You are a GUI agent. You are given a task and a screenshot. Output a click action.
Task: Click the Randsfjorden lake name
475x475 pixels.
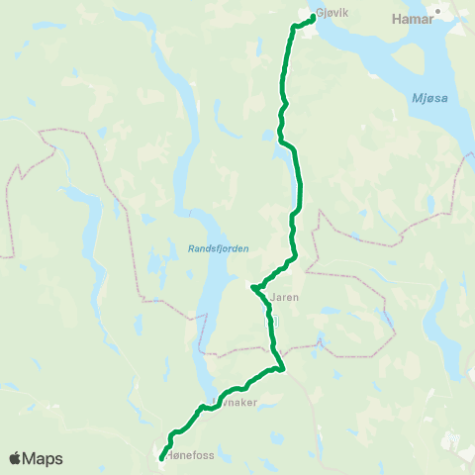(218, 249)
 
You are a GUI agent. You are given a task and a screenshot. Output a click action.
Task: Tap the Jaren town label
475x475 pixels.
(285, 296)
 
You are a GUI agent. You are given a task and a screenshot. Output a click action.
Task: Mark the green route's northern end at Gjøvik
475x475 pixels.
(313, 17)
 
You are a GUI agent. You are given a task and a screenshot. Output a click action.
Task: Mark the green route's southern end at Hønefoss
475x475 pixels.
(161, 458)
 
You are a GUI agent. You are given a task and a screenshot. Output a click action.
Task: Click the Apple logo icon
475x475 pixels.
(17, 458)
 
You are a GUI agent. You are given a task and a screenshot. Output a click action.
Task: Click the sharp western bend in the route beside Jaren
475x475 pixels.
(254, 289)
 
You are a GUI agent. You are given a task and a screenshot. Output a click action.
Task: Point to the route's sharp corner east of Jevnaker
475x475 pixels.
(283, 370)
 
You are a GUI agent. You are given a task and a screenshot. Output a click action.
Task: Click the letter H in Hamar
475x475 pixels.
(397, 18)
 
